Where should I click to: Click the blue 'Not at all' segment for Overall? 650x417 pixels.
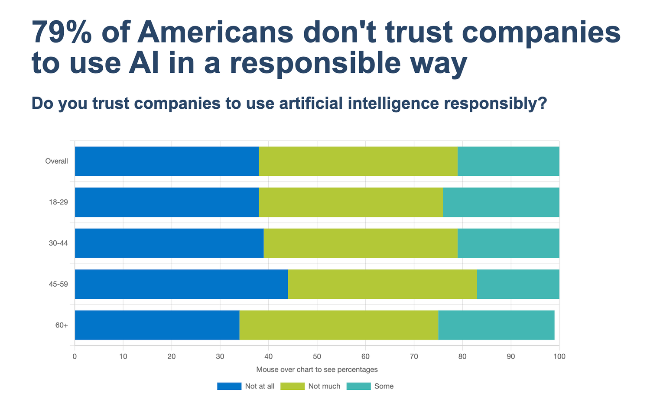coord(167,161)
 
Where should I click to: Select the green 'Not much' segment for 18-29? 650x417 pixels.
coord(351,202)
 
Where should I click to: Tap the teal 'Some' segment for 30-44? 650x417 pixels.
coord(508,243)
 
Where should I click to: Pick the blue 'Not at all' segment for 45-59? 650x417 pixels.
coord(181,284)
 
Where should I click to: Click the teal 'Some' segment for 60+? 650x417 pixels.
coord(496,325)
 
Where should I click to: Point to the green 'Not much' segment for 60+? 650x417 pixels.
coord(339,325)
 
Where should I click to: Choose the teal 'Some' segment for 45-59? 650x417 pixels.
coord(518,284)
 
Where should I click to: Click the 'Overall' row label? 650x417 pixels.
coord(57,161)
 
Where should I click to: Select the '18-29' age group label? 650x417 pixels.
coord(58,202)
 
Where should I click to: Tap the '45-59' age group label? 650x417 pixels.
coord(58,284)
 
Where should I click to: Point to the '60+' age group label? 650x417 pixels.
coord(62,325)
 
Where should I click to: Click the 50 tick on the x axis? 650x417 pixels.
coord(317,356)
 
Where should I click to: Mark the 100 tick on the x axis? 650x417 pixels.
coord(559,356)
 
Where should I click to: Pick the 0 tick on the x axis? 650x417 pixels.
coord(75,356)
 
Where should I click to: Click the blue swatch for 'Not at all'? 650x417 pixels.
coord(229,386)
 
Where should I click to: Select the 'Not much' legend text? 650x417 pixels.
coord(324,386)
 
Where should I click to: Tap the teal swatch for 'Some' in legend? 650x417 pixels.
coord(358,386)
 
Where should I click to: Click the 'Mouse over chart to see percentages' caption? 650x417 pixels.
coord(317,369)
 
